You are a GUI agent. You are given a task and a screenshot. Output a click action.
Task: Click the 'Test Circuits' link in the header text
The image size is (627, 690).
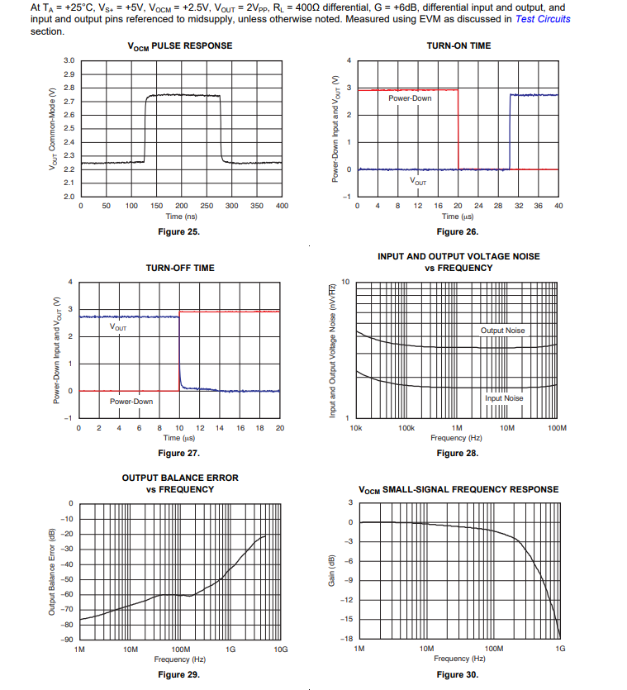click(x=543, y=19)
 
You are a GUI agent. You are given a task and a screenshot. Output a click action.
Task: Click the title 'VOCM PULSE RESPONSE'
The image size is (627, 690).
click(x=180, y=45)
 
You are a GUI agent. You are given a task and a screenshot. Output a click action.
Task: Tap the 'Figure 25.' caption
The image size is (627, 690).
click(x=178, y=231)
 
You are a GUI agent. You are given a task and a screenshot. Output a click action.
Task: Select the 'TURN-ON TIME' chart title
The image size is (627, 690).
click(x=458, y=45)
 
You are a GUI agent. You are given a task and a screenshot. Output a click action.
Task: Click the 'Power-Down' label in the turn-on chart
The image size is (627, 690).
click(x=410, y=98)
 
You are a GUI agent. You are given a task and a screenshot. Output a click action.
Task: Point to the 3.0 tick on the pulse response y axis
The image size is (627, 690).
click(x=69, y=60)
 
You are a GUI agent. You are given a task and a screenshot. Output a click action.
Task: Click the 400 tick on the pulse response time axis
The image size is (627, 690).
click(x=282, y=206)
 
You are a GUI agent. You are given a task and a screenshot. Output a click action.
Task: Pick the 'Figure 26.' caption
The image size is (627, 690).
click(x=458, y=231)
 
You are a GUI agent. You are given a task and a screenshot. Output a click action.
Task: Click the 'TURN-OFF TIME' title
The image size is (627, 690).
click(x=180, y=268)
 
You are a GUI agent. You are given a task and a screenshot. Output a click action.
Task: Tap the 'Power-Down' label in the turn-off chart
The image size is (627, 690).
click(x=131, y=402)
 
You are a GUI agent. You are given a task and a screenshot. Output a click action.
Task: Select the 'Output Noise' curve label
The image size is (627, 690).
click(x=502, y=331)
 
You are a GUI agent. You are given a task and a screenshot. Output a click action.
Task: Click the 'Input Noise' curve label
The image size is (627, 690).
click(x=504, y=398)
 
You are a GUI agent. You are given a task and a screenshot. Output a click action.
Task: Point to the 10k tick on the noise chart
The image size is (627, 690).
click(x=356, y=428)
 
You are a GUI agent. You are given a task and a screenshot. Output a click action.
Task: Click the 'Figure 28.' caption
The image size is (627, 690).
click(x=458, y=453)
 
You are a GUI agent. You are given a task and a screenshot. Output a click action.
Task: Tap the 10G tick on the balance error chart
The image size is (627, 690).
click(x=281, y=650)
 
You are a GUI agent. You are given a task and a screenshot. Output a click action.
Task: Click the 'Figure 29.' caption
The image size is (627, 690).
click(x=178, y=674)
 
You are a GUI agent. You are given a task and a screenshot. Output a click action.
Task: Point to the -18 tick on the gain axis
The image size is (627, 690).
click(x=347, y=639)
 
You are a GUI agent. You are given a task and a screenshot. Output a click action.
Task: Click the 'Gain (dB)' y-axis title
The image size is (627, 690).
click(x=331, y=569)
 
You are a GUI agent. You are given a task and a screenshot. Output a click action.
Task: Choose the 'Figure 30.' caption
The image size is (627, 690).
click(x=458, y=674)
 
